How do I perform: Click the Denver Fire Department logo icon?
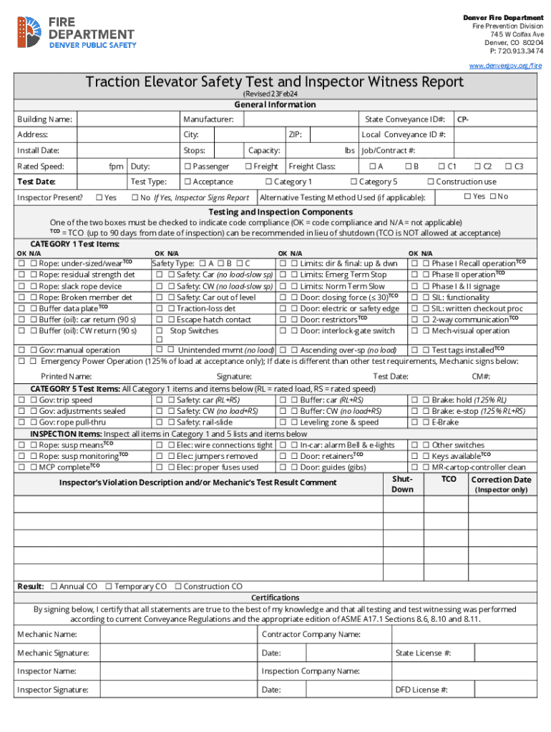click(29, 32)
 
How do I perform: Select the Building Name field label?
click(44, 119)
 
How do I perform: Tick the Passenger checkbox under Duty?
click(187, 167)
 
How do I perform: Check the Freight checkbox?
click(248, 167)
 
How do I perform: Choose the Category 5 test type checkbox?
click(353, 182)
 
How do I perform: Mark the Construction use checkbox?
click(431, 182)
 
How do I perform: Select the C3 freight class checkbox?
click(508, 167)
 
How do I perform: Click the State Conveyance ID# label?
click(405, 119)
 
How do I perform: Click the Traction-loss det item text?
click(207, 309)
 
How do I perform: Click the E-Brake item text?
click(445, 422)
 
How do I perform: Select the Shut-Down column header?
click(402, 484)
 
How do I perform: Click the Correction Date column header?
click(501, 480)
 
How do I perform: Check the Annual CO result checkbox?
click(54, 587)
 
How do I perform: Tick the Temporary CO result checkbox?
click(108, 587)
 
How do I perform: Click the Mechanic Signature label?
click(53, 653)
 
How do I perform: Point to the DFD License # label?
click(421, 690)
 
